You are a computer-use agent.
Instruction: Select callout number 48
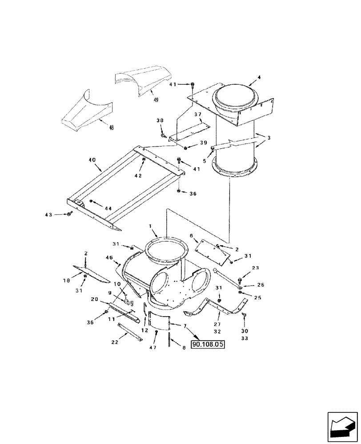111,128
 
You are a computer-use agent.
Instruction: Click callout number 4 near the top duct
259,77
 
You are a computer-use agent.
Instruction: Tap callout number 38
160,120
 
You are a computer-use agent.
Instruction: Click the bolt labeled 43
70,214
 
